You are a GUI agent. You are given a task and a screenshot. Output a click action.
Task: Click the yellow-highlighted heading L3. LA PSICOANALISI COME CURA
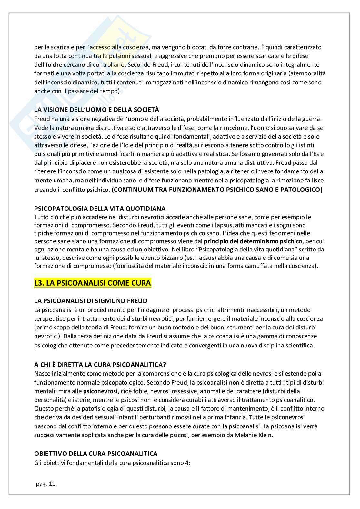pos(93,283)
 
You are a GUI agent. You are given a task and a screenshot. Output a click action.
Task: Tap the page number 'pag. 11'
pos(45,484)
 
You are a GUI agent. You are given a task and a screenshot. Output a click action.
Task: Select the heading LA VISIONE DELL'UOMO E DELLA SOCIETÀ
pos(96,110)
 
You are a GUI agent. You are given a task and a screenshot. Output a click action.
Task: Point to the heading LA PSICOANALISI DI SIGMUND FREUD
pos(91,301)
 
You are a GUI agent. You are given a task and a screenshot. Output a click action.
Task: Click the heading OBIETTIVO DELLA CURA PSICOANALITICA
pos(96,454)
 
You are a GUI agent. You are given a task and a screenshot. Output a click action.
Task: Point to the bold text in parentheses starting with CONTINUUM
pos(217,190)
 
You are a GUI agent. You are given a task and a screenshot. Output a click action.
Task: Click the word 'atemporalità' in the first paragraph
pos(309,73)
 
